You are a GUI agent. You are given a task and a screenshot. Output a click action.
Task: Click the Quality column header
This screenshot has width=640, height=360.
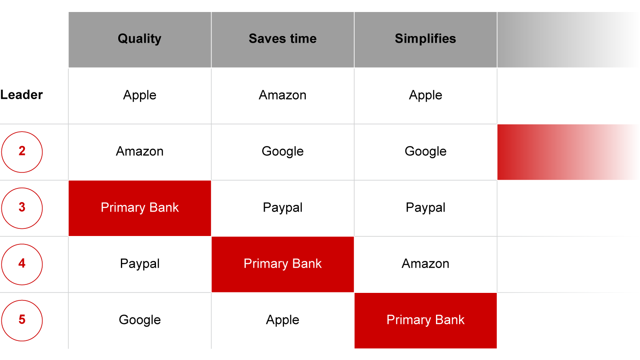click(x=140, y=39)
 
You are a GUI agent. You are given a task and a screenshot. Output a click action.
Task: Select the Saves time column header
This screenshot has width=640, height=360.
click(x=283, y=39)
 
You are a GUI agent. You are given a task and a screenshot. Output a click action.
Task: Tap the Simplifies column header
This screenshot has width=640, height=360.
click(x=425, y=39)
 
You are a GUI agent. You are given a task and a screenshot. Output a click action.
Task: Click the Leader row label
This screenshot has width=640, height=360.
click(x=21, y=95)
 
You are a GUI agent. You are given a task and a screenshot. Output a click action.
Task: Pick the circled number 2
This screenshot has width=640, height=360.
click(x=22, y=152)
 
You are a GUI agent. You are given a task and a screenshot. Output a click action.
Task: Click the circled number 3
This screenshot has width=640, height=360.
click(x=22, y=208)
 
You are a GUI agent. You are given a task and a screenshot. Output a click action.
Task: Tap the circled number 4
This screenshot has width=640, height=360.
click(x=22, y=264)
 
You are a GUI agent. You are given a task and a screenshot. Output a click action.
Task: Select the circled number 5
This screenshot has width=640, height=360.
click(x=22, y=320)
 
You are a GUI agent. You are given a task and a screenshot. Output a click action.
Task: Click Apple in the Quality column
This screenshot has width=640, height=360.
click(x=140, y=95)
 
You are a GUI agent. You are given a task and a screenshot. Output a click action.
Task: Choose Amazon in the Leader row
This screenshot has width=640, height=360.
click(x=283, y=95)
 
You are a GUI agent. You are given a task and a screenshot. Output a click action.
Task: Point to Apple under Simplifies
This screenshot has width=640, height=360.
click(x=425, y=95)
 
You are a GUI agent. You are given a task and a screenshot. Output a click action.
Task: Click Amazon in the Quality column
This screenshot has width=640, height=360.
click(x=140, y=151)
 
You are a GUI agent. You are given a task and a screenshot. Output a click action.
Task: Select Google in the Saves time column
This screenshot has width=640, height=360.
click(x=283, y=152)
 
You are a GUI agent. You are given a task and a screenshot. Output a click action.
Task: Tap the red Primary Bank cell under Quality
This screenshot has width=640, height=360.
click(x=140, y=208)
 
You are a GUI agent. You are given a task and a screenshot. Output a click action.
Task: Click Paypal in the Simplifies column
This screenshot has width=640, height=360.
click(x=425, y=208)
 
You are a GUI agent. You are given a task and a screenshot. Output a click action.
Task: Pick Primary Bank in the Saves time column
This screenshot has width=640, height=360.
click(x=283, y=264)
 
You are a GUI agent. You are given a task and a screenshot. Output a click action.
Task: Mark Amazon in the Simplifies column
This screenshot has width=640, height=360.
click(x=425, y=264)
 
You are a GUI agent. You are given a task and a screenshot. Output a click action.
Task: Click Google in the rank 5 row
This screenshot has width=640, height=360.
click(x=140, y=320)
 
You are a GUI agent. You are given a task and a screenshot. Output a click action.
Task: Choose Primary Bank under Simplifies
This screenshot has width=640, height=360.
click(x=425, y=320)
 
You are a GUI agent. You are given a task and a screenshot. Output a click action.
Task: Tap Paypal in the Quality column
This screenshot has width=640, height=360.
click(x=140, y=264)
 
